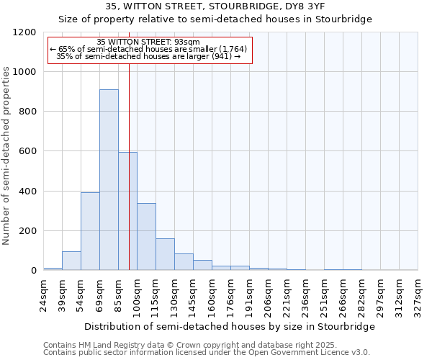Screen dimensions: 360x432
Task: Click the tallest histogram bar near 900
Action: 109,180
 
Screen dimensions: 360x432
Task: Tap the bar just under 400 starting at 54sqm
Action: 90,231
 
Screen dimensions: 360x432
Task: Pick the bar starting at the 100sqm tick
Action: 146,237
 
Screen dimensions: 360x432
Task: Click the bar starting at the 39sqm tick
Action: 71,261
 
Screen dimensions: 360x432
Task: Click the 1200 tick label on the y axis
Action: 24,32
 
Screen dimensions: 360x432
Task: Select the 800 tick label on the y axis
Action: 27,112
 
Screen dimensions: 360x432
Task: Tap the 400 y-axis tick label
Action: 27,192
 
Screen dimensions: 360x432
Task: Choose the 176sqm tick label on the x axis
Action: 231,294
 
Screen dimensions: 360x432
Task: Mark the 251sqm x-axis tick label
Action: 325,294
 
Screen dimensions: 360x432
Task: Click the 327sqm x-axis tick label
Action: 418,294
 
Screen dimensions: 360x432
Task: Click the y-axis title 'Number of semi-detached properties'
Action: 6,152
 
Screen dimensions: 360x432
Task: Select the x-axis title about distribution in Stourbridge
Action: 230,327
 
